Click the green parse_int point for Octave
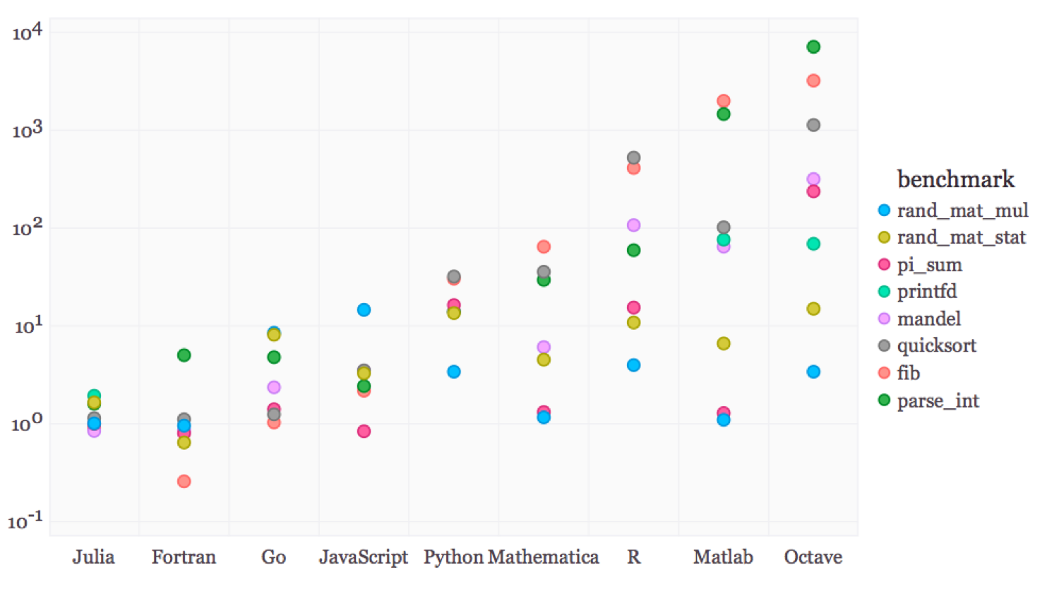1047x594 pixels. point(813,47)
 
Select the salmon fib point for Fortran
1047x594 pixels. point(184,481)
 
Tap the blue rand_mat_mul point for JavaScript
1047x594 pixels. point(364,309)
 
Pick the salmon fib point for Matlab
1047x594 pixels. point(723,101)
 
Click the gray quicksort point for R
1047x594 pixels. point(633,158)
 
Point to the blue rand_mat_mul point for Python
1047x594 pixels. point(454,372)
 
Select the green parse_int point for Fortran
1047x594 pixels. point(184,355)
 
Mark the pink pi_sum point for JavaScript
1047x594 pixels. point(364,431)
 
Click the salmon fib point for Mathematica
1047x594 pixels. point(544,246)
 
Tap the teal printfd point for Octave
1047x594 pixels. point(813,244)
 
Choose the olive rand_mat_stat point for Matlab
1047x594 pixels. point(723,343)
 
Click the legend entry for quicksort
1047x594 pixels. point(936,345)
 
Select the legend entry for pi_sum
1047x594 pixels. point(929,265)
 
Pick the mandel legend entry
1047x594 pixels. point(928,319)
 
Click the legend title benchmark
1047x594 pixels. point(955,179)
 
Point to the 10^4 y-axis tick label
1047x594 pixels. point(28,32)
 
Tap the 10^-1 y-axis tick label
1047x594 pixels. point(25,521)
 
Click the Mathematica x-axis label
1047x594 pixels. point(544,557)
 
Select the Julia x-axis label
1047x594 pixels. point(93,557)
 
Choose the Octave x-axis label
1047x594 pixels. point(813,557)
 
